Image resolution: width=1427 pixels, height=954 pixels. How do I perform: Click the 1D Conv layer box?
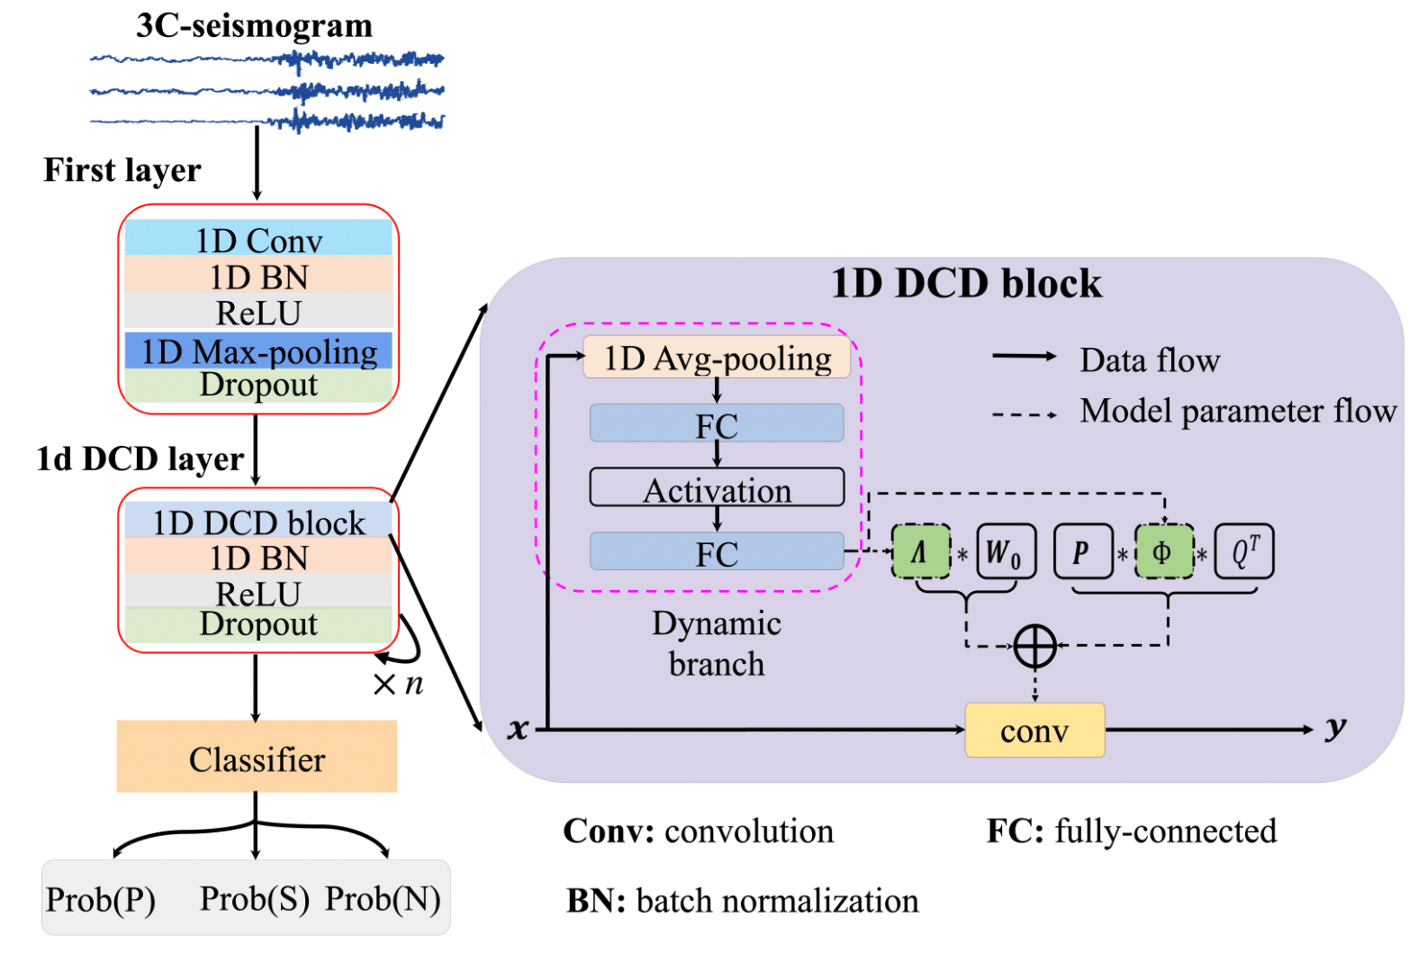tap(258, 240)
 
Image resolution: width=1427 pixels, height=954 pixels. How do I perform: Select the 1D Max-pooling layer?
tap(258, 351)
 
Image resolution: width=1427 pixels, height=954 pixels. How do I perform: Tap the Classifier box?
tap(257, 758)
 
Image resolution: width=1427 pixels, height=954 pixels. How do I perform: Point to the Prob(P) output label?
tap(101, 899)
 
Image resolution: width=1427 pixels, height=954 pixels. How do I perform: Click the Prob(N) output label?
tap(383, 898)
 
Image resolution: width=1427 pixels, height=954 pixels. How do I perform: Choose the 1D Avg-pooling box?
tap(717, 358)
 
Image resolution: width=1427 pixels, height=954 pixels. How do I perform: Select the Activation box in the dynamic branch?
tap(717, 489)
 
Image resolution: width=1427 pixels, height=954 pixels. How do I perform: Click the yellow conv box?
tap(1034, 731)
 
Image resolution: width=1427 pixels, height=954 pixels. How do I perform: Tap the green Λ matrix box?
tap(920, 551)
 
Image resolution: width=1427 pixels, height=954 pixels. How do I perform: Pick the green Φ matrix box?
tap(1163, 551)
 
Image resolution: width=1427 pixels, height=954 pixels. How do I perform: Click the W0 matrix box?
tap(1006, 551)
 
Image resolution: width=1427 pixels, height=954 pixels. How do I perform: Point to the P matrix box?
tap(1082, 551)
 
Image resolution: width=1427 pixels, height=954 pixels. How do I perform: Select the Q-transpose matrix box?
tap(1244, 551)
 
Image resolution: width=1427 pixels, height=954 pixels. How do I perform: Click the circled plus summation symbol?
tap(1034, 646)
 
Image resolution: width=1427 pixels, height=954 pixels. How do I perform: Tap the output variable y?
tap(1336, 728)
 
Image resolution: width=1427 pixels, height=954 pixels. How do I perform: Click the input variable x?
tap(518, 729)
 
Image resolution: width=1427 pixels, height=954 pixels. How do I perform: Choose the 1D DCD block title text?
tap(965, 284)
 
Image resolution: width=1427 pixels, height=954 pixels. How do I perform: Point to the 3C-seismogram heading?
tap(254, 25)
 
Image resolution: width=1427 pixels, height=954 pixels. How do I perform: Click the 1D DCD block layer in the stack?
tap(258, 522)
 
